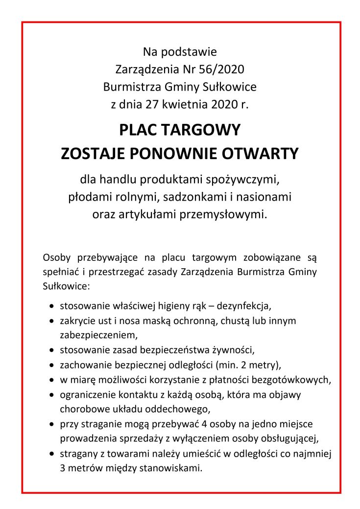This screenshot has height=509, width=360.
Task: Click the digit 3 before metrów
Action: tap(63, 467)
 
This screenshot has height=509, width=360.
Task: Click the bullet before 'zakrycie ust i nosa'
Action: tap(52, 322)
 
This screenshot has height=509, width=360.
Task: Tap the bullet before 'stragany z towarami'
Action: tap(52, 453)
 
